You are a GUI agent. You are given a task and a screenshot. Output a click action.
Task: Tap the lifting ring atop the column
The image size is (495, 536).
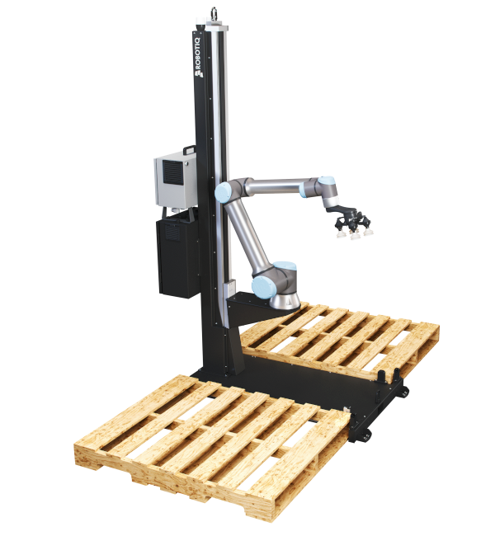(x=214, y=13)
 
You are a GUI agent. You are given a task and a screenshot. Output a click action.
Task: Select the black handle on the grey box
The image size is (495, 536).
(x=189, y=150)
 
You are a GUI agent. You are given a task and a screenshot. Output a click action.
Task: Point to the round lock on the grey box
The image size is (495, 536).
(x=186, y=164)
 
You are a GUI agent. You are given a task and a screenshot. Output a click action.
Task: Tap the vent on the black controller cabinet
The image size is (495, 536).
(x=172, y=233)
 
